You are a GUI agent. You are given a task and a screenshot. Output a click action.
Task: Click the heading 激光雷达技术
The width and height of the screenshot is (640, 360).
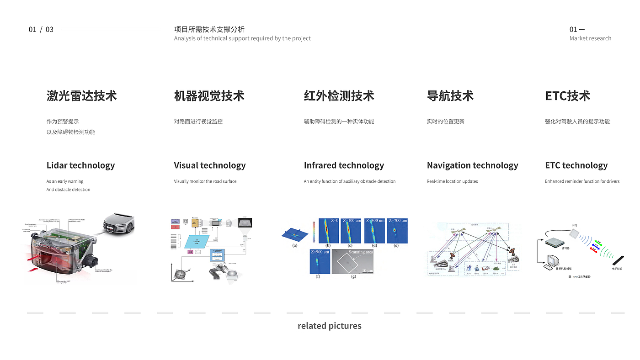point(81,96)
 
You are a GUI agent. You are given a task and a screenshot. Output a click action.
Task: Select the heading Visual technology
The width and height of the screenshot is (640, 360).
point(210,165)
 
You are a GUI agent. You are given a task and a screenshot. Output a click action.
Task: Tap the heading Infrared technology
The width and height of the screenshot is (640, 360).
point(344,165)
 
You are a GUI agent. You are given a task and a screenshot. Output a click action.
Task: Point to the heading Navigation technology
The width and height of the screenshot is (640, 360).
point(472,165)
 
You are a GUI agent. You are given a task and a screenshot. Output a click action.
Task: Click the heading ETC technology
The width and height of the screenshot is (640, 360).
point(576,165)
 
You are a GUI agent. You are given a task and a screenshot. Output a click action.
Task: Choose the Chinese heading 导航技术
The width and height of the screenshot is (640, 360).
point(450,96)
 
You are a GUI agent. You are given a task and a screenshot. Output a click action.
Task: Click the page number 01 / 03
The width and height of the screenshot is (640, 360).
point(41,30)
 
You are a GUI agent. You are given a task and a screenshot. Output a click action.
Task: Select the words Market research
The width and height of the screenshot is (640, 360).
point(590,38)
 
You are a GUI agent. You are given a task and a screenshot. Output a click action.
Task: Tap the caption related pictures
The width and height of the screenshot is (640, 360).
point(329,326)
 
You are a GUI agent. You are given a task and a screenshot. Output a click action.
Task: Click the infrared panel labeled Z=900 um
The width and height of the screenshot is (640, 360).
point(319,261)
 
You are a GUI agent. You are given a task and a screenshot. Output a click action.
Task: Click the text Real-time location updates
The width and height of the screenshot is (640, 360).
point(452,181)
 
